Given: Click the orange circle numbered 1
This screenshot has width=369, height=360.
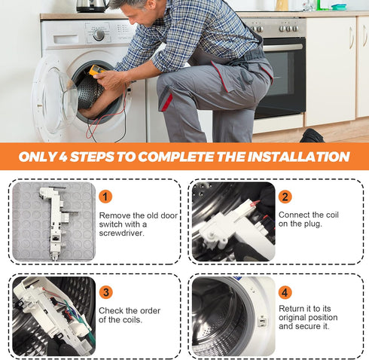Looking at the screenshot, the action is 105,197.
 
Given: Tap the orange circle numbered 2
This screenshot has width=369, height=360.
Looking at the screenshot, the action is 285,197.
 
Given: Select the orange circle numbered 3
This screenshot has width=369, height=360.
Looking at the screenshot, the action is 106,292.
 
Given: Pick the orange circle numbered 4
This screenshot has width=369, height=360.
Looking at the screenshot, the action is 285,292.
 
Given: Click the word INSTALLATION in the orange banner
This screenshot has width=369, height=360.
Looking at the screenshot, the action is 298,157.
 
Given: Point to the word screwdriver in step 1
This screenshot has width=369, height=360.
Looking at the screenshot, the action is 121,233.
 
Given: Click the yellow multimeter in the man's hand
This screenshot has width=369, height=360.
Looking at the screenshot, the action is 96,70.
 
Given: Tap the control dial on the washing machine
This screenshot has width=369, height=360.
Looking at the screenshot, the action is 99,35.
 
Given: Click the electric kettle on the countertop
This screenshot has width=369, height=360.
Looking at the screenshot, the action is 92,6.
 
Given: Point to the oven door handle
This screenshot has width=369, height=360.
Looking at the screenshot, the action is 283,47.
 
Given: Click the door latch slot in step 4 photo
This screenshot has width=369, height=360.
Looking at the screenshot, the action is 262,320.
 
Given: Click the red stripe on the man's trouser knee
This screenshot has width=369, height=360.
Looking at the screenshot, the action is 167,102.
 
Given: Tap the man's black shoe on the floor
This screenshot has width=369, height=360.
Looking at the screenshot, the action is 312,136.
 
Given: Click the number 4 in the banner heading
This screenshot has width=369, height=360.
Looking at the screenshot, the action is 63,157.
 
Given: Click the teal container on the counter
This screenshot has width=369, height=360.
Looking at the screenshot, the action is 339,7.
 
